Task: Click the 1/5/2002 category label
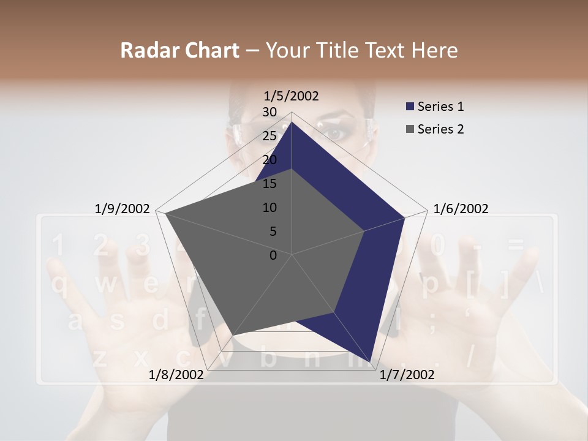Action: (x=291, y=96)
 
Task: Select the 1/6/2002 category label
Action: (x=461, y=209)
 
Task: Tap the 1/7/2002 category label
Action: (x=407, y=375)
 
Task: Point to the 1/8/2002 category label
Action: (x=176, y=375)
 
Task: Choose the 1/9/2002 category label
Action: (x=123, y=209)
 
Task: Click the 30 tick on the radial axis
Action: (x=269, y=112)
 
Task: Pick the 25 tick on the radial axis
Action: (x=269, y=136)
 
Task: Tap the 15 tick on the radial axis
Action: (x=269, y=184)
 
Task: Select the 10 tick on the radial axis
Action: (x=269, y=208)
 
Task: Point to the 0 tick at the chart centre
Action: (x=273, y=255)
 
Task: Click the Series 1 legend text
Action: (x=440, y=107)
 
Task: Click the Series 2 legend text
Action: (x=440, y=129)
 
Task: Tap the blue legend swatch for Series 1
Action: (x=410, y=107)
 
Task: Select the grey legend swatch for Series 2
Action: (x=410, y=129)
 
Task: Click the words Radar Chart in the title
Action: (x=179, y=50)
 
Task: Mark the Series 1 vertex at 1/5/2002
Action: (x=292, y=122)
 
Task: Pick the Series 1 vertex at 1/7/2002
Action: (x=370, y=361)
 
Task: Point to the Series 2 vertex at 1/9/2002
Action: (x=165, y=213)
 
